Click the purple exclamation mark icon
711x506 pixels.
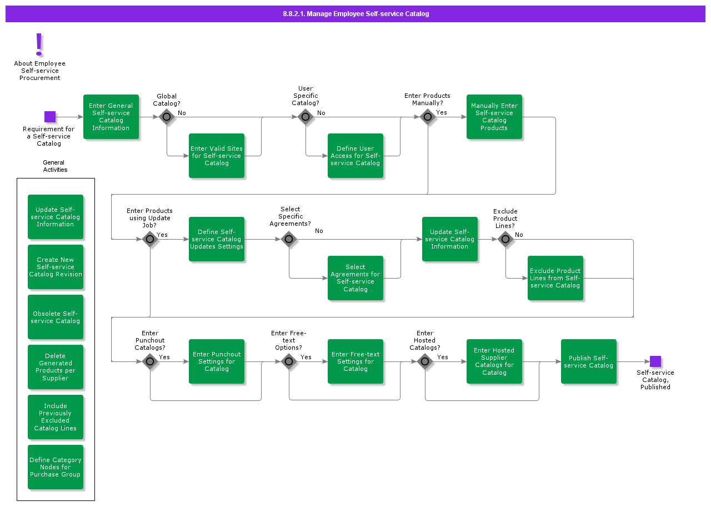pos(39,44)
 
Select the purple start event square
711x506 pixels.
pos(50,117)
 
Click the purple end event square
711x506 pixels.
pos(655,361)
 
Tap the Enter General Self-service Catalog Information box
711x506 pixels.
pos(111,117)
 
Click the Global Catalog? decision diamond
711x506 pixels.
pos(167,117)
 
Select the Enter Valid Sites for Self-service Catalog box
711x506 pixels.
pos(217,156)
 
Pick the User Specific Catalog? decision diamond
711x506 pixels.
pos(305,117)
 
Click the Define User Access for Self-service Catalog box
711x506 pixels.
pos(355,156)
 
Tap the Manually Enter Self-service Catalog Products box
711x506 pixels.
pos(494,117)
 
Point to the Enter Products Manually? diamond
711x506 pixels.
pos(427,117)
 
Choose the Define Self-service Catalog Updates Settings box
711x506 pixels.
pos(217,239)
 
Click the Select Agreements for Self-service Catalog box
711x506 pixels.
pos(355,278)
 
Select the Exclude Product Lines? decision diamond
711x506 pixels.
pos(505,239)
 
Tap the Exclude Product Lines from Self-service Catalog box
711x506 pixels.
pos(555,278)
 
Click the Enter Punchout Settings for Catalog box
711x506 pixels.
pos(217,361)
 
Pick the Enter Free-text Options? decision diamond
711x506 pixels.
pos(289,361)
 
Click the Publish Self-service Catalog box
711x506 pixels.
pos(589,361)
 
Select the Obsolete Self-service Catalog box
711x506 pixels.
pos(56,317)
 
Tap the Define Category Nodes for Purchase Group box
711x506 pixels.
pos(56,467)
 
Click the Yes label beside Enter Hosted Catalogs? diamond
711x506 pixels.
pos(442,357)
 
